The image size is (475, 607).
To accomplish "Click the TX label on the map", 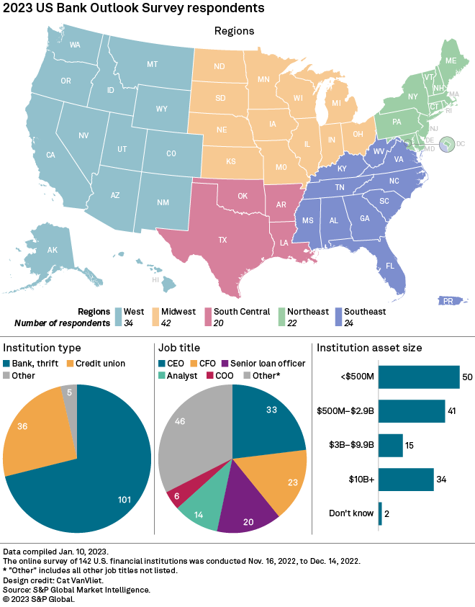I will coord(222,240).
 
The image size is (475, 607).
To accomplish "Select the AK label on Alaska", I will coord(52,250).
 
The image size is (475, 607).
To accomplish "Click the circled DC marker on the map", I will coord(448,145).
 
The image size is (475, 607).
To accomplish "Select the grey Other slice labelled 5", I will coord(68,392).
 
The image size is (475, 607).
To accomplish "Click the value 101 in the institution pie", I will coord(126,499).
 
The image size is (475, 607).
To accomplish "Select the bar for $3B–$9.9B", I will coord(390,446).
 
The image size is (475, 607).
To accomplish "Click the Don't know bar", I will coord(380,513).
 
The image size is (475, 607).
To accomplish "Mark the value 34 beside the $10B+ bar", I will coord(442,480).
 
